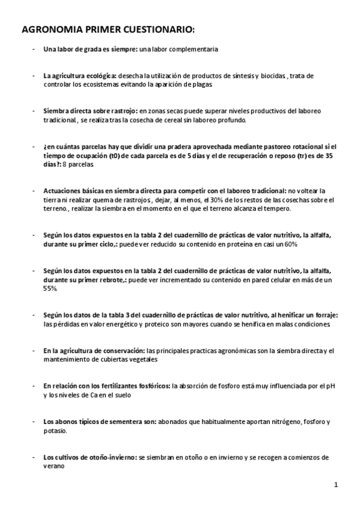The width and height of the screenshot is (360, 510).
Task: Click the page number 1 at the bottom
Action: click(337, 484)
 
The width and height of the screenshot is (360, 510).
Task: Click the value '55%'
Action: click(50, 288)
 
